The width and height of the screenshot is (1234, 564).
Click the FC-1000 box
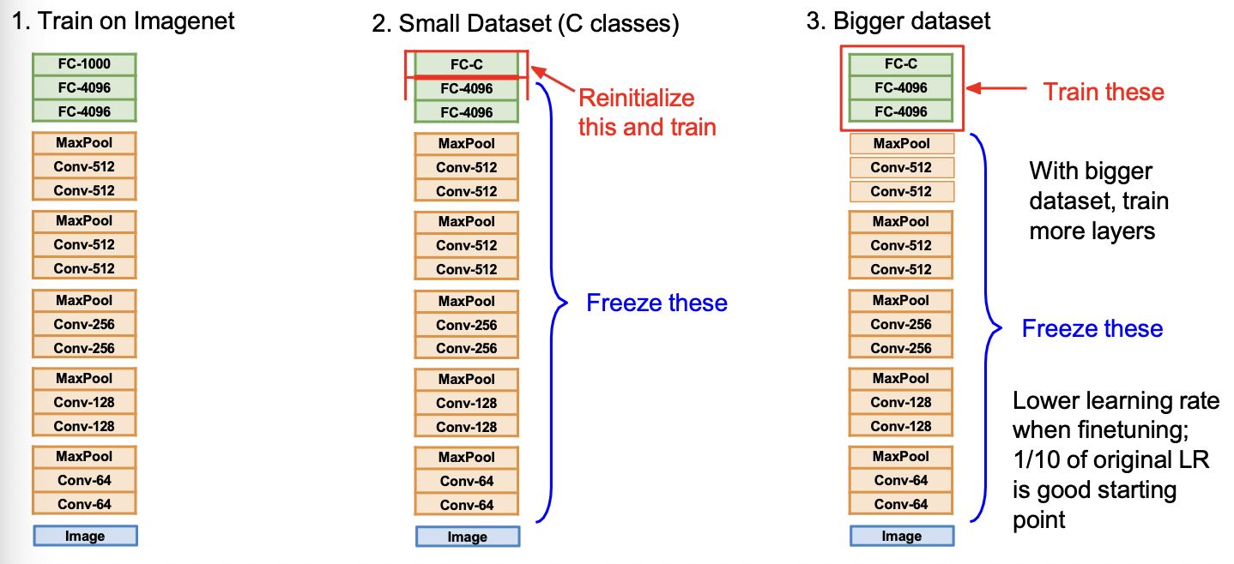84,64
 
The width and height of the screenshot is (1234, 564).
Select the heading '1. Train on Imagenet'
124,21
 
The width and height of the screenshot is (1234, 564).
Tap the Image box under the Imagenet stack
85,537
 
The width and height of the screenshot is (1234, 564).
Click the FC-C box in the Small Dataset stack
467,64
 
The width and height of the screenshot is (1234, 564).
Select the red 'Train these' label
1104,92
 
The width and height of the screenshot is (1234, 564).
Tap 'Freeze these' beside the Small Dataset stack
656,303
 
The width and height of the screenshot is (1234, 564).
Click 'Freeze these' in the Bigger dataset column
1092,329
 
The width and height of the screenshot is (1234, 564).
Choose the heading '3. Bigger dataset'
898,21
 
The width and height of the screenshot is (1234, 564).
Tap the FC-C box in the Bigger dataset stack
901,64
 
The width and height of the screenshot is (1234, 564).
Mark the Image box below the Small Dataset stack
468,537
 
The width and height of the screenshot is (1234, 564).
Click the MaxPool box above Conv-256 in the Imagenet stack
84,301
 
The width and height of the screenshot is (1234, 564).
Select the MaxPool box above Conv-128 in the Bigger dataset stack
901,378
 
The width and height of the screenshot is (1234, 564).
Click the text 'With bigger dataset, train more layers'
1098,200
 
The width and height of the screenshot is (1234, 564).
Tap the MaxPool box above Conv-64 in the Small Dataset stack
467,458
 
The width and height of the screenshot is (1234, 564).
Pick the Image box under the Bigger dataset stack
902,537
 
